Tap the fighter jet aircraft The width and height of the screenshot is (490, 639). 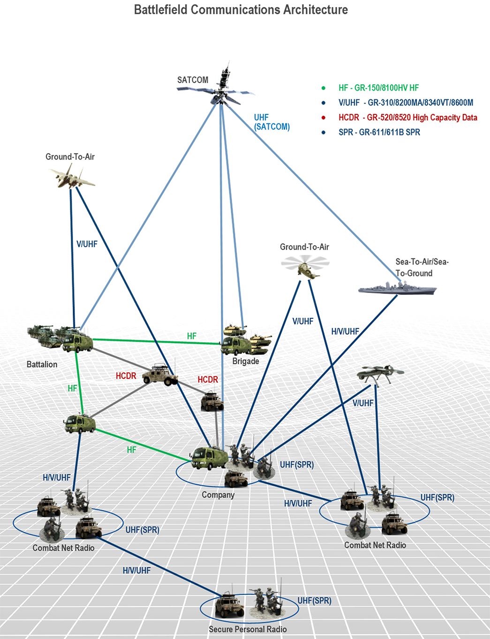(x=72, y=175)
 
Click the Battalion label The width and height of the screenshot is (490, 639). (x=42, y=364)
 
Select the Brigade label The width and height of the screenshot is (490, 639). (x=246, y=361)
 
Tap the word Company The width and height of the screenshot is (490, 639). (x=218, y=495)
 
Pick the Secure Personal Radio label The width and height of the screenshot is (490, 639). (x=248, y=629)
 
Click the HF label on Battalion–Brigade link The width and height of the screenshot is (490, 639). (x=191, y=336)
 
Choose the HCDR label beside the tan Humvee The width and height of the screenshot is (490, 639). (x=126, y=376)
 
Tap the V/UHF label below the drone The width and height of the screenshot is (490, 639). (x=363, y=403)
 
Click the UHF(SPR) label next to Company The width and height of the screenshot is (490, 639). (x=297, y=465)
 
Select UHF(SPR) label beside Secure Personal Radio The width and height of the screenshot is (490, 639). (x=314, y=601)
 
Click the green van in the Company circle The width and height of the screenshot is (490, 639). (x=209, y=458)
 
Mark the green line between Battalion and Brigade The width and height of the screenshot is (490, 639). (x=155, y=341)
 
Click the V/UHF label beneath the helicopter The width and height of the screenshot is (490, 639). (x=302, y=321)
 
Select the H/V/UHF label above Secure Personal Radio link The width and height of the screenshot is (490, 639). (x=136, y=571)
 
